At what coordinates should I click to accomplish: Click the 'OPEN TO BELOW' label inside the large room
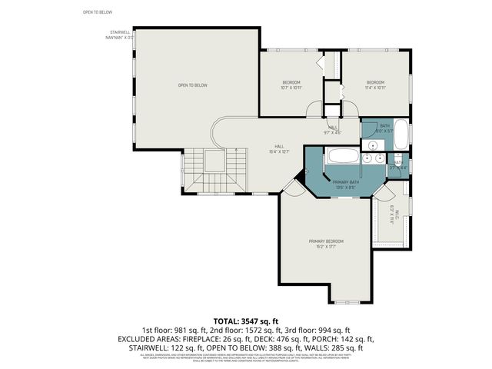(x=193, y=85)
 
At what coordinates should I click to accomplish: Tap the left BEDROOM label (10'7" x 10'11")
(x=291, y=85)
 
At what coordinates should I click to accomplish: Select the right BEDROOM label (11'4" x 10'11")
(x=374, y=85)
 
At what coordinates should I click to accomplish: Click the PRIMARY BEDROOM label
(x=327, y=244)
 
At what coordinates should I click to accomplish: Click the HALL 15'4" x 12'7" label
(x=280, y=148)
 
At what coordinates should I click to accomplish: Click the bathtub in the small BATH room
(x=401, y=135)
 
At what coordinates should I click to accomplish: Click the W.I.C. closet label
(x=391, y=218)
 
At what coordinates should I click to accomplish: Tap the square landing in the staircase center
(x=214, y=161)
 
